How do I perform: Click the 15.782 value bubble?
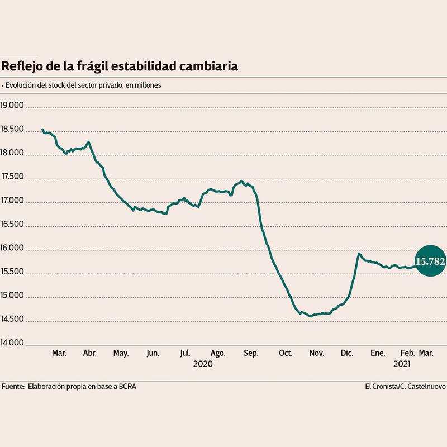[431, 261]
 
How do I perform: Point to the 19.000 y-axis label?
[12, 105]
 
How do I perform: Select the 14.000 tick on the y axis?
[12, 343]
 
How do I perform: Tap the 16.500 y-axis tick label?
[12, 224]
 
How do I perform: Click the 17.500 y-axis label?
[12, 177]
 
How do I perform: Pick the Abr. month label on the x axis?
[90, 353]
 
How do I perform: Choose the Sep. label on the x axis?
[251, 353]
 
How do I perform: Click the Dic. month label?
[346, 353]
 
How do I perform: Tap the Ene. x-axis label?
[378, 353]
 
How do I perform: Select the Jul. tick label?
[186, 353]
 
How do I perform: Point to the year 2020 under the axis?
[203, 364]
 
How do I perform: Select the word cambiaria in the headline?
[210, 66]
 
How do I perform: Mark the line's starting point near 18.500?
[42, 130]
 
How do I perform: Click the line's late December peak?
[359, 254]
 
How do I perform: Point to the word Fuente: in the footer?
[13, 386]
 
